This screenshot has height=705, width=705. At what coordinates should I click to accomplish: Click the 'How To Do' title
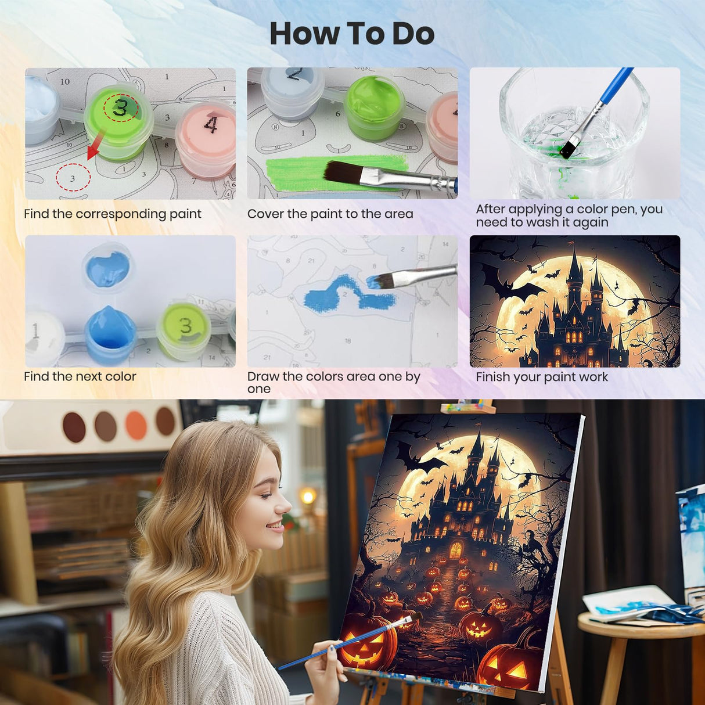pyautogui.click(x=352, y=34)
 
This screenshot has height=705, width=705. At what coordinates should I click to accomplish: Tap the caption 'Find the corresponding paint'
pyautogui.click(x=113, y=214)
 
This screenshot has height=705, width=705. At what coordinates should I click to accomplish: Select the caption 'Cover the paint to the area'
pyautogui.click(x=330, y=214)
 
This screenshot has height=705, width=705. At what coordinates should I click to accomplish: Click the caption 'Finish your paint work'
pyautogui.click(x=541, y=377)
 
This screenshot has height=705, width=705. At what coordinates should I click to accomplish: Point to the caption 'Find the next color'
pyautogui.click(x=80, y=377)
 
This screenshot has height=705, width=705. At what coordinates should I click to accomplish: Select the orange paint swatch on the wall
pyautogui.click(x=136, y=425)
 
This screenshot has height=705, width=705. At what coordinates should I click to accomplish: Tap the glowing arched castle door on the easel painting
pyautogui.click(x=456, y=549)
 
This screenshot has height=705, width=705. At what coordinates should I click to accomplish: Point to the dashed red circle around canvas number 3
pyautogui.click(x=73, y=178)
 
